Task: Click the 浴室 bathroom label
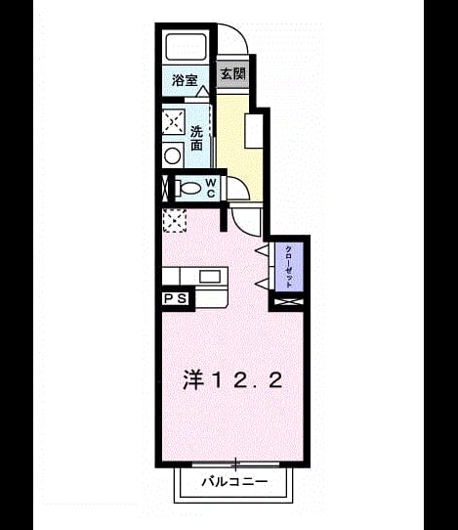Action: pos(185,80)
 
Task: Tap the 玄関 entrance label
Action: pos(232,73)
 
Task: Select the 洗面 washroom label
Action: pos(196,138)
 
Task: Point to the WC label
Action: pos(211,188)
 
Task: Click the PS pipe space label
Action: pos(176,298)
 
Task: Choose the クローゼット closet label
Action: pos(289,267)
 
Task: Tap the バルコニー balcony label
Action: pos(234,481)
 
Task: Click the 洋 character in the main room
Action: pos(193,379)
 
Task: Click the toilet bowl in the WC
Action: pos(188,188)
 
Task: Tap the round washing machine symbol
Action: pos(174,155)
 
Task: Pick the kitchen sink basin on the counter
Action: pos(210,277)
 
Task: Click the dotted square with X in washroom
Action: pos(174,121)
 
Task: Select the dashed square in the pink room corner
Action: pos(175,221)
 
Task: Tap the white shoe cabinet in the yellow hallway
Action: pos(254,131)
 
